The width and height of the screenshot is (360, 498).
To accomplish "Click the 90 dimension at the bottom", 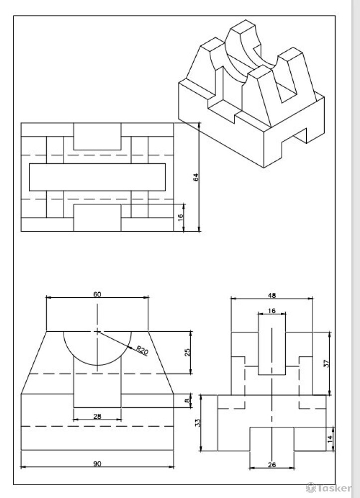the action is pyautogui.click(x=97, y=464).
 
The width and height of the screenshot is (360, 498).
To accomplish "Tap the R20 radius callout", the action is pyautogui.click(x=142, y=350).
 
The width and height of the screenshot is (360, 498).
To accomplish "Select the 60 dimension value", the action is pyautogui.click(x=97, y=294).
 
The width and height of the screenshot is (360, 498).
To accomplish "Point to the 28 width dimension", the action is pyautogui.click(x=97, y=416).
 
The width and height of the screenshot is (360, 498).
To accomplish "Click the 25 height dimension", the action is pyautogui.click(x=188, y=352).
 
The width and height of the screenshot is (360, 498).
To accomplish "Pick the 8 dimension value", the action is pyautogui.click(x=188, y=400).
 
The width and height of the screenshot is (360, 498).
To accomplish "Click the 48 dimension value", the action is pyautogui.click(x=272, y=295).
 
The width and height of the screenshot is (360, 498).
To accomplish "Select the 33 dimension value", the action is pyautogui.click(x=198, y=423).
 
